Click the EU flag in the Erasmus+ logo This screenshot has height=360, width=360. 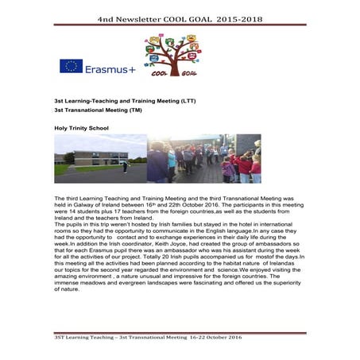71,67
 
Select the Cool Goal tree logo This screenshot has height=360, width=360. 172,54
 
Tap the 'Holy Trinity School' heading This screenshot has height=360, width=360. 80,128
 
